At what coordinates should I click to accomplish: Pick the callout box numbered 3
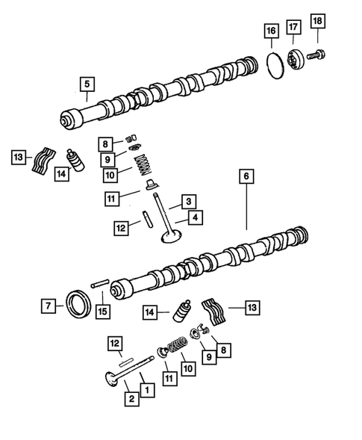[x=190, y=202]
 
